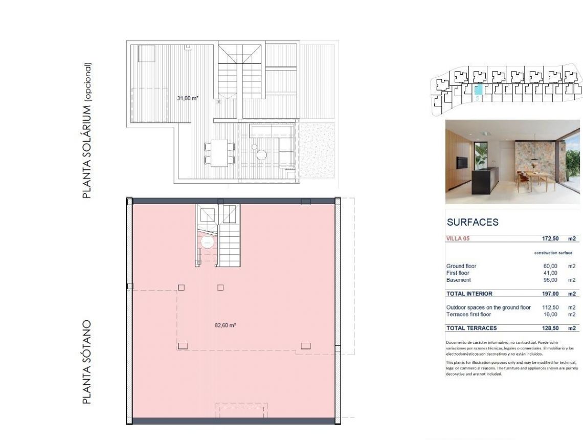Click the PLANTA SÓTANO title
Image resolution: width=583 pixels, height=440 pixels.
pos(87,362)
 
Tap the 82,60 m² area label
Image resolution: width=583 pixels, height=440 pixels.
pos(225,325)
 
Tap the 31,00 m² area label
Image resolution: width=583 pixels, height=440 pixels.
pos(188,98)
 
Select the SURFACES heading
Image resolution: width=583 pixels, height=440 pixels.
pos(473,223)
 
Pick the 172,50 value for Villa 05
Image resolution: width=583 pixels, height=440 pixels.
pos(550,238)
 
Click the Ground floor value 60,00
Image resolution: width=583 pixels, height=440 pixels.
pos(550,266)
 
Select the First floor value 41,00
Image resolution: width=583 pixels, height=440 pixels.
pos(550,273)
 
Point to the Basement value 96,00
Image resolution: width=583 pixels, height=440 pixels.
pos(550,280)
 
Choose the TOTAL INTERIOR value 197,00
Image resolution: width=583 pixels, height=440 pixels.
pos(550,294)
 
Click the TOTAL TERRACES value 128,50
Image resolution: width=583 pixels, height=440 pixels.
pos(550,328)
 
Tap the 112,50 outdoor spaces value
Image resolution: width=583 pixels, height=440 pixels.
pos(550,307)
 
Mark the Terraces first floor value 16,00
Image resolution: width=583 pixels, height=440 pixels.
pos(550,314)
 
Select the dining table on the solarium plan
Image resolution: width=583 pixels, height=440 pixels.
pos(220,152)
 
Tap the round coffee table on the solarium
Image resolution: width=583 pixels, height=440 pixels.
pos(262,154)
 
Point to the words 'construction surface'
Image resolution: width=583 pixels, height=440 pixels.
pos(553,253)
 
